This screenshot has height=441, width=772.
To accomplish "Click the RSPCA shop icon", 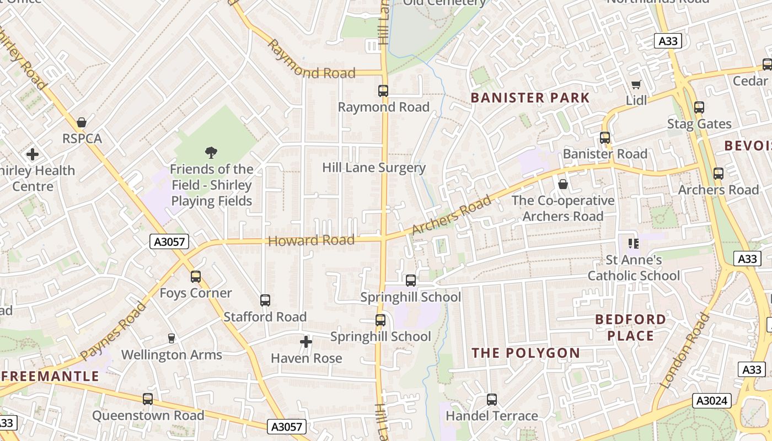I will [x=82, y=122].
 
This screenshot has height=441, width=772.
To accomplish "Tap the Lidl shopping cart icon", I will [x=636, y=84].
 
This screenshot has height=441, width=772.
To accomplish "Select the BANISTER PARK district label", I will [x=530, y=98].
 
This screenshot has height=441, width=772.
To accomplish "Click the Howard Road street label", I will [x=311, y=240].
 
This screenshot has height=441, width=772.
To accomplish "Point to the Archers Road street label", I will [x=451, y=214].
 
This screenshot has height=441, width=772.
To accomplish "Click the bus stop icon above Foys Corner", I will [x=196, y=277].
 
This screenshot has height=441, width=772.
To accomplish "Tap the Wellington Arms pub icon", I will [x=171, y=338].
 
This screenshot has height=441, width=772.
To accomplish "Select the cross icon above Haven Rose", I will [x=306, y=342].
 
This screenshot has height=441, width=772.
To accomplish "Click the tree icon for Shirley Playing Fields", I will [x=211, y=153].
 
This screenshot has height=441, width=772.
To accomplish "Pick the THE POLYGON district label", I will [x=526, y=353].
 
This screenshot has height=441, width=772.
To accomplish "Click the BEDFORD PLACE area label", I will [x=631, y=327].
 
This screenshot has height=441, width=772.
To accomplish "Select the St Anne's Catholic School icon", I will [x=633, y=243].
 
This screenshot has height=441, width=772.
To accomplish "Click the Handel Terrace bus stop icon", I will [x=492, y=400].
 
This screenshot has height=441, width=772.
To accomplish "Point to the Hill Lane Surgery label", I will [x=374, y=168].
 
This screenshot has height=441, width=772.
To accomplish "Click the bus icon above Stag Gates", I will [x=699, y=107].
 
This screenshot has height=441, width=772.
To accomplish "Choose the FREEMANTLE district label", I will [x=50, y=377].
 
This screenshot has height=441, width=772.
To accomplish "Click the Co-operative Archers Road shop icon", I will [x=563, y=184].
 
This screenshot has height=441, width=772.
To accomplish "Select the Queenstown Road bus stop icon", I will [x=148, y=399].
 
